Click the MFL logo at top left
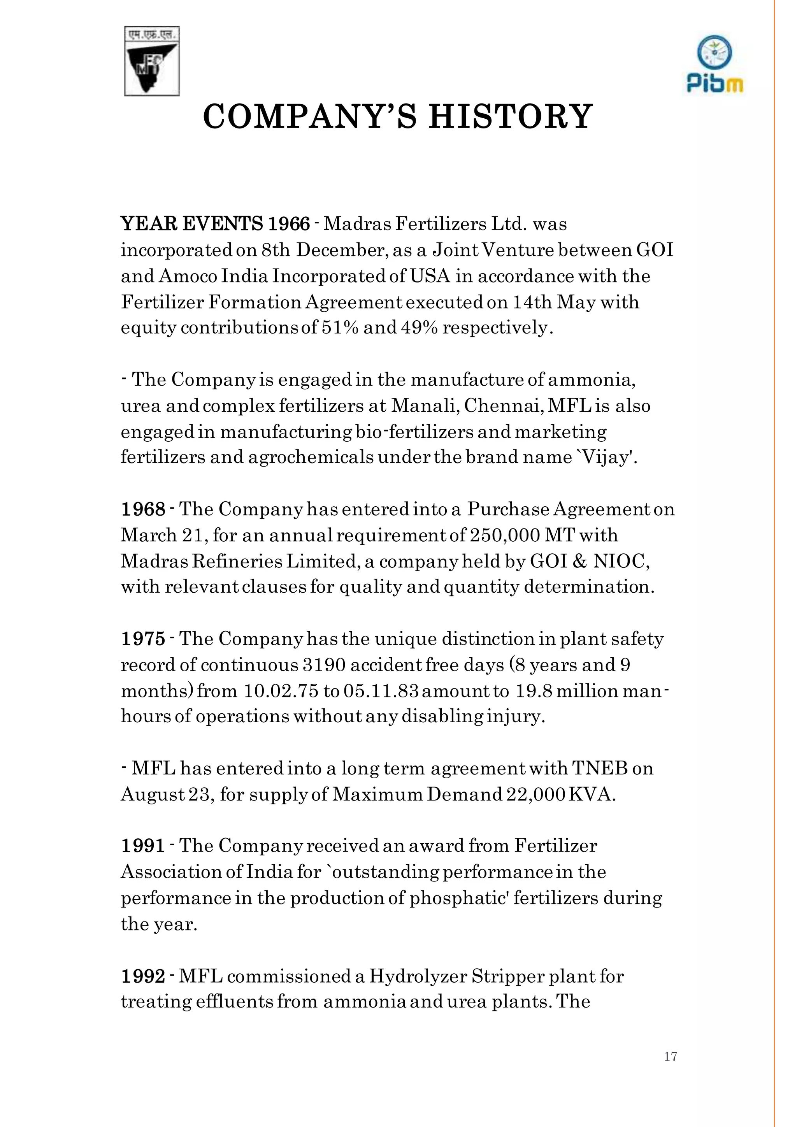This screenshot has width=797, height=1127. [x=152, y=61]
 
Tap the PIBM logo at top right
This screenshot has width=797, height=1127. [x=714, y=64]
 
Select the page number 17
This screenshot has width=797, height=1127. [x=671, y=1056]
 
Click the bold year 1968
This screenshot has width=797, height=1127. [x=143, y=509]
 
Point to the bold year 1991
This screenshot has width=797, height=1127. [x=143, y=846]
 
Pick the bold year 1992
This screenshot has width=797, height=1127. [x=143, y=976]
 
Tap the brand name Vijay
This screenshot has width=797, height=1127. [x=607, y=458]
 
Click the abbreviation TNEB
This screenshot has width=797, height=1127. [x=600, y=768]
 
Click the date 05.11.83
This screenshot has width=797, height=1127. [x=381, y=691]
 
